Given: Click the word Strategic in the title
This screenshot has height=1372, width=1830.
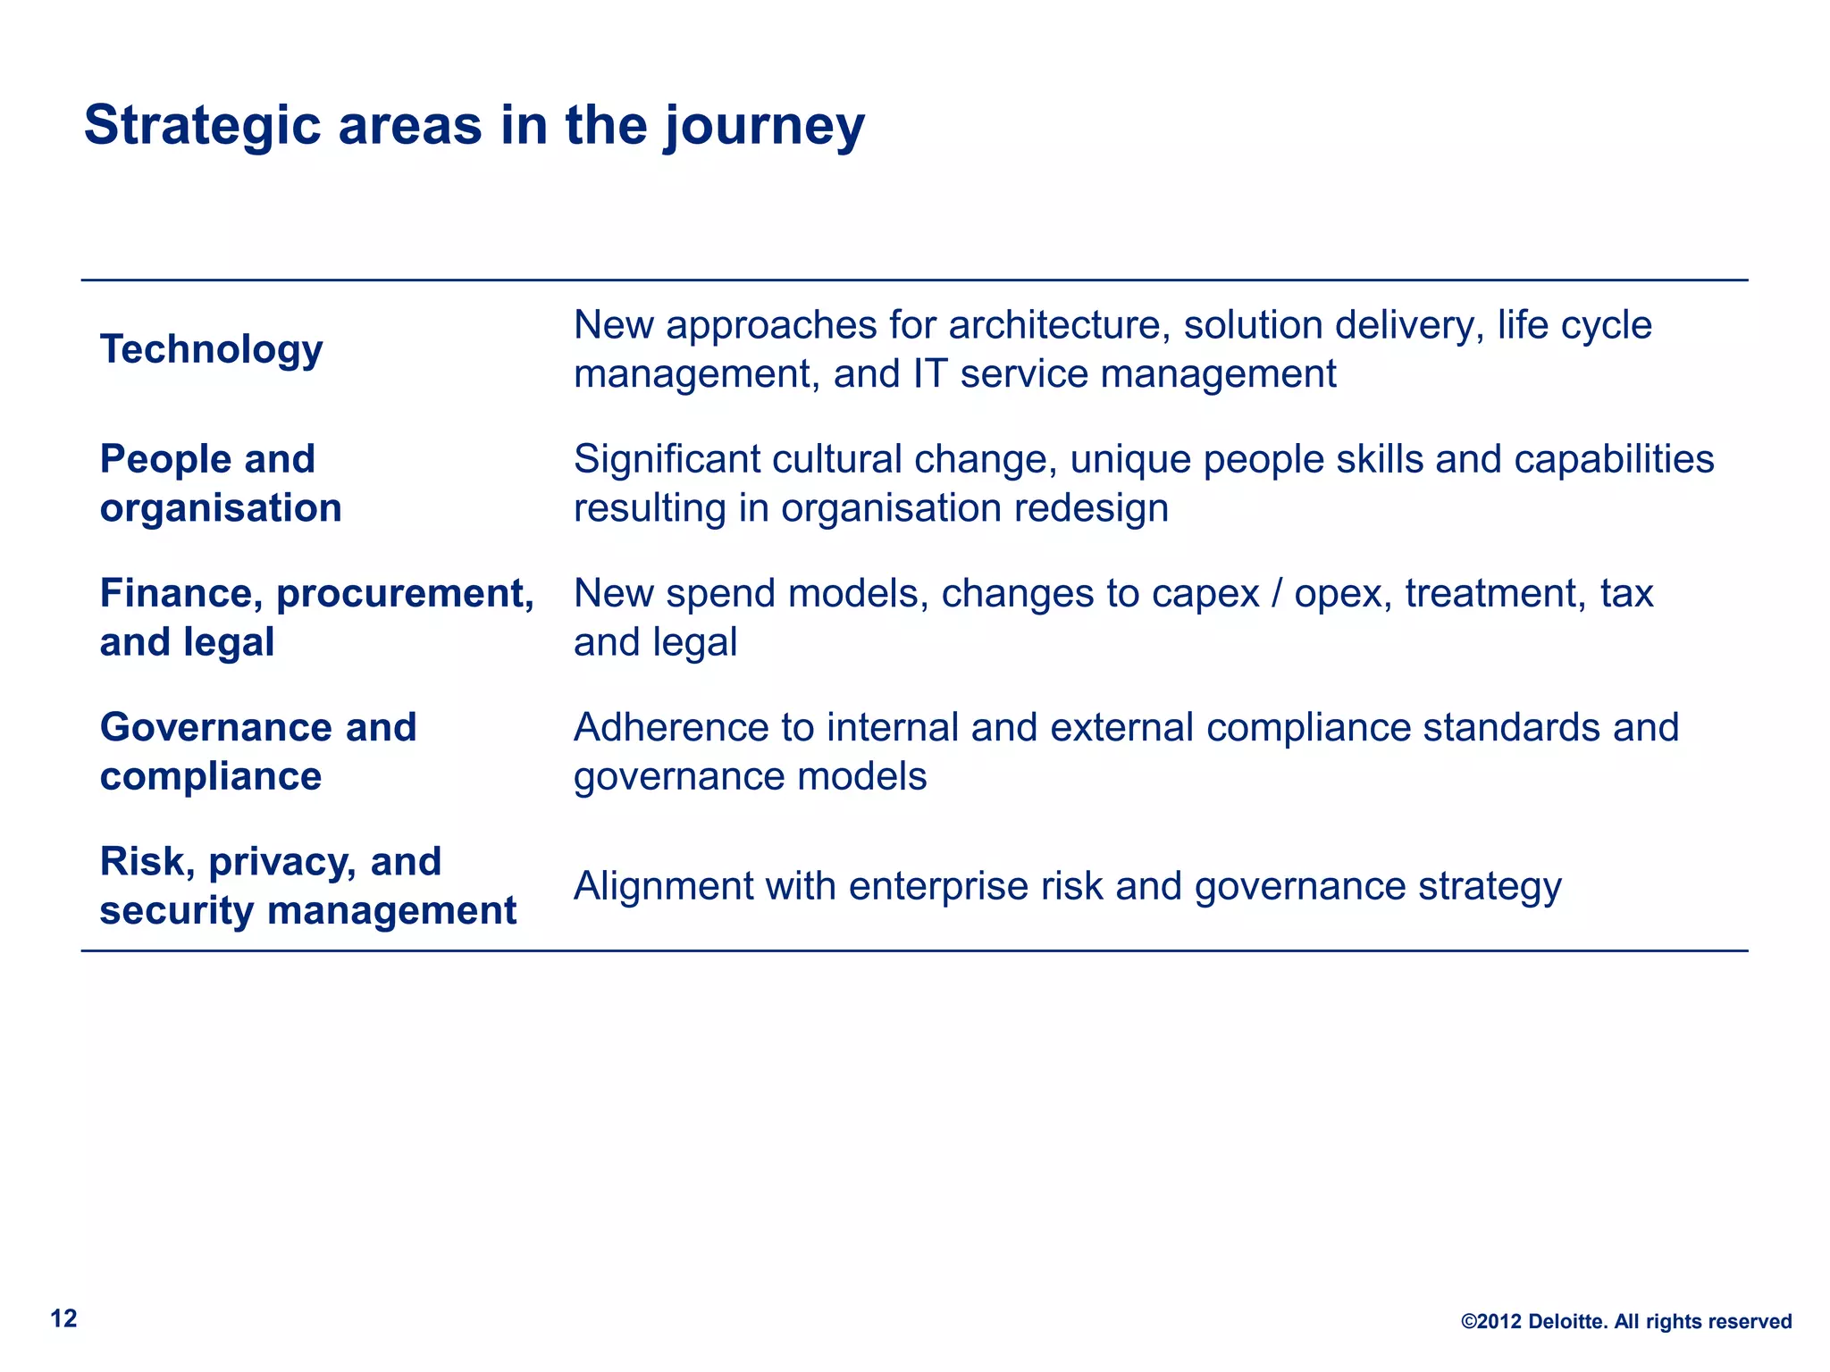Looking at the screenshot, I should pyautogui.click(x=202, y=126).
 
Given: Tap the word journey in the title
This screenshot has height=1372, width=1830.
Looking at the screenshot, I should pyautogui.click(x=764, y=126).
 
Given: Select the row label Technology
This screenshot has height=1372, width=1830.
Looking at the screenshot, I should pyautogui.click(x=211, y=349).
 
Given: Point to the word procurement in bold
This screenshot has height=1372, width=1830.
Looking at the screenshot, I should pyautogui.click(x=405, y=593).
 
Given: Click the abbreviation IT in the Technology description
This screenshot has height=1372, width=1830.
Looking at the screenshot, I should pyautogui.click(x=929, y=373).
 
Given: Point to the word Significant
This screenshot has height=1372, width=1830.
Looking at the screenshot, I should pyautogui.click(x=666, y=459).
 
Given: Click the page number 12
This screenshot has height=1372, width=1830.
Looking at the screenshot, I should pyautogui.click(x=63, y=1318).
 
